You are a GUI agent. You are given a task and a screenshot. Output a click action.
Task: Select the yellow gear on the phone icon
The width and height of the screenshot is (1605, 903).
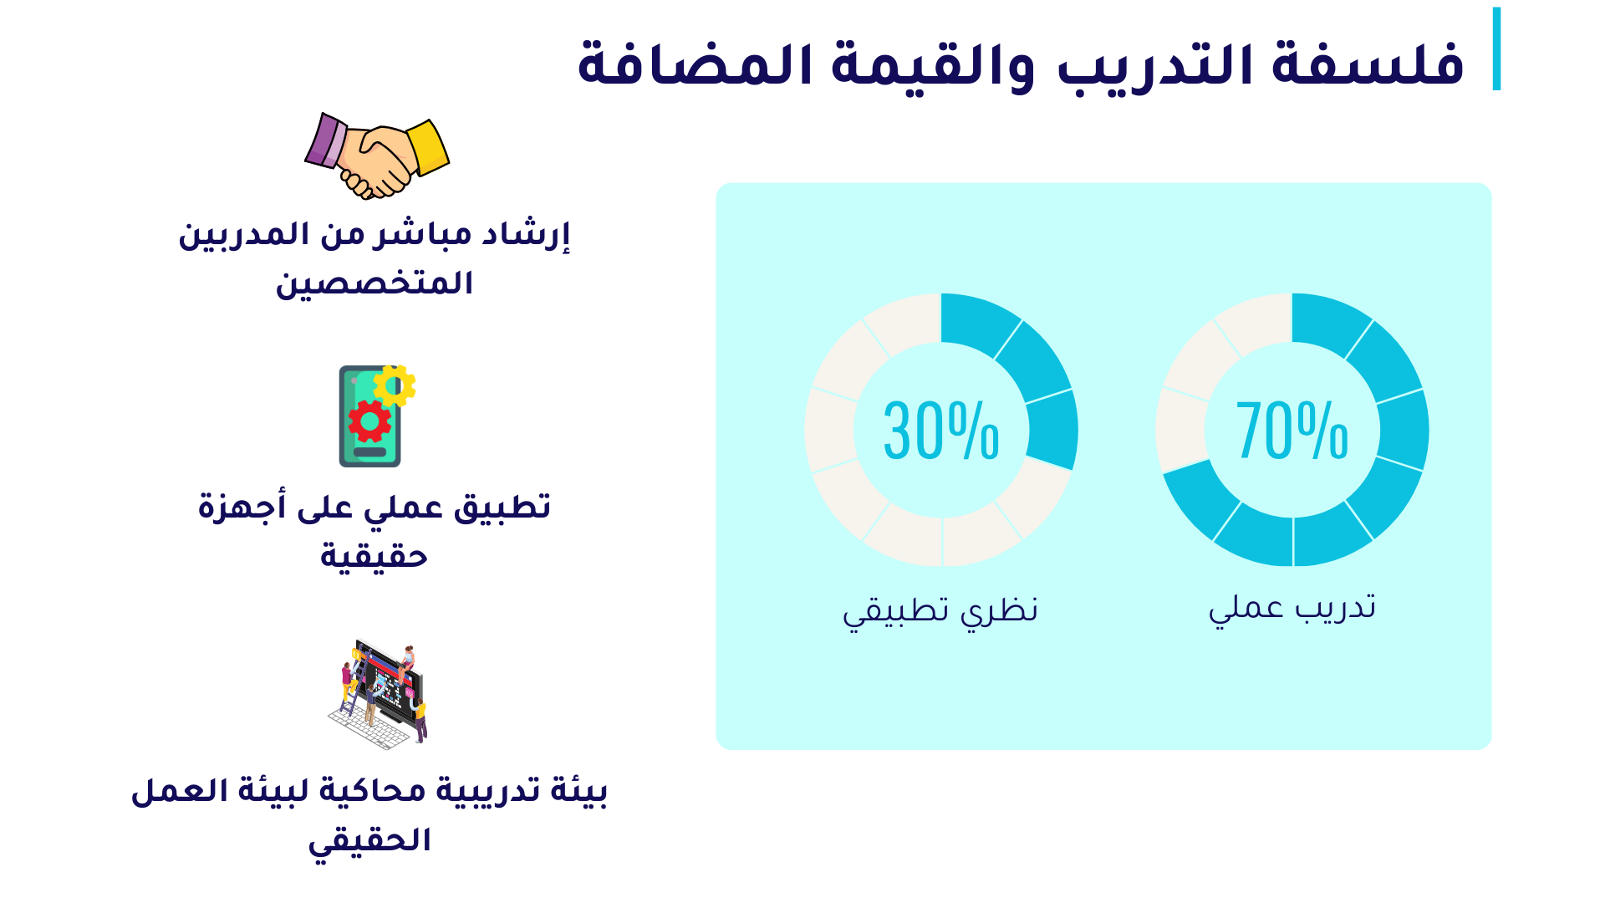click(395, 385)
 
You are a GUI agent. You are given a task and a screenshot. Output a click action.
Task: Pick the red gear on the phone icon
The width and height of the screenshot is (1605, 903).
click(369, 421)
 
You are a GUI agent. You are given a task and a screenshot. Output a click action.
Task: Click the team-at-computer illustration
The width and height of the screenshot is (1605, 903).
click(378, 694)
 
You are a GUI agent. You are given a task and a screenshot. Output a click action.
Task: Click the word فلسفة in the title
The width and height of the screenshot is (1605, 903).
click(1368, 65)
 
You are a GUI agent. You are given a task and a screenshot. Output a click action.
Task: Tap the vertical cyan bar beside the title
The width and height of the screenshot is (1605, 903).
click(1496, 48)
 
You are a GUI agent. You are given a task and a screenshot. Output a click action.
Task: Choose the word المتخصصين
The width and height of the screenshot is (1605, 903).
click(374, 283)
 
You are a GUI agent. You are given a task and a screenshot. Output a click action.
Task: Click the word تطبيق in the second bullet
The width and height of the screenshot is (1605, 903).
click(502, 508)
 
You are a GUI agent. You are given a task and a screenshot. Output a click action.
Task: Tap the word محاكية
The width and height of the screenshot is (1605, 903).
click(388, 791)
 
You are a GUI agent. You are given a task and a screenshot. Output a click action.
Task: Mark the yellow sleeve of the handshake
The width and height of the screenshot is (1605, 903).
click(428, 147)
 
